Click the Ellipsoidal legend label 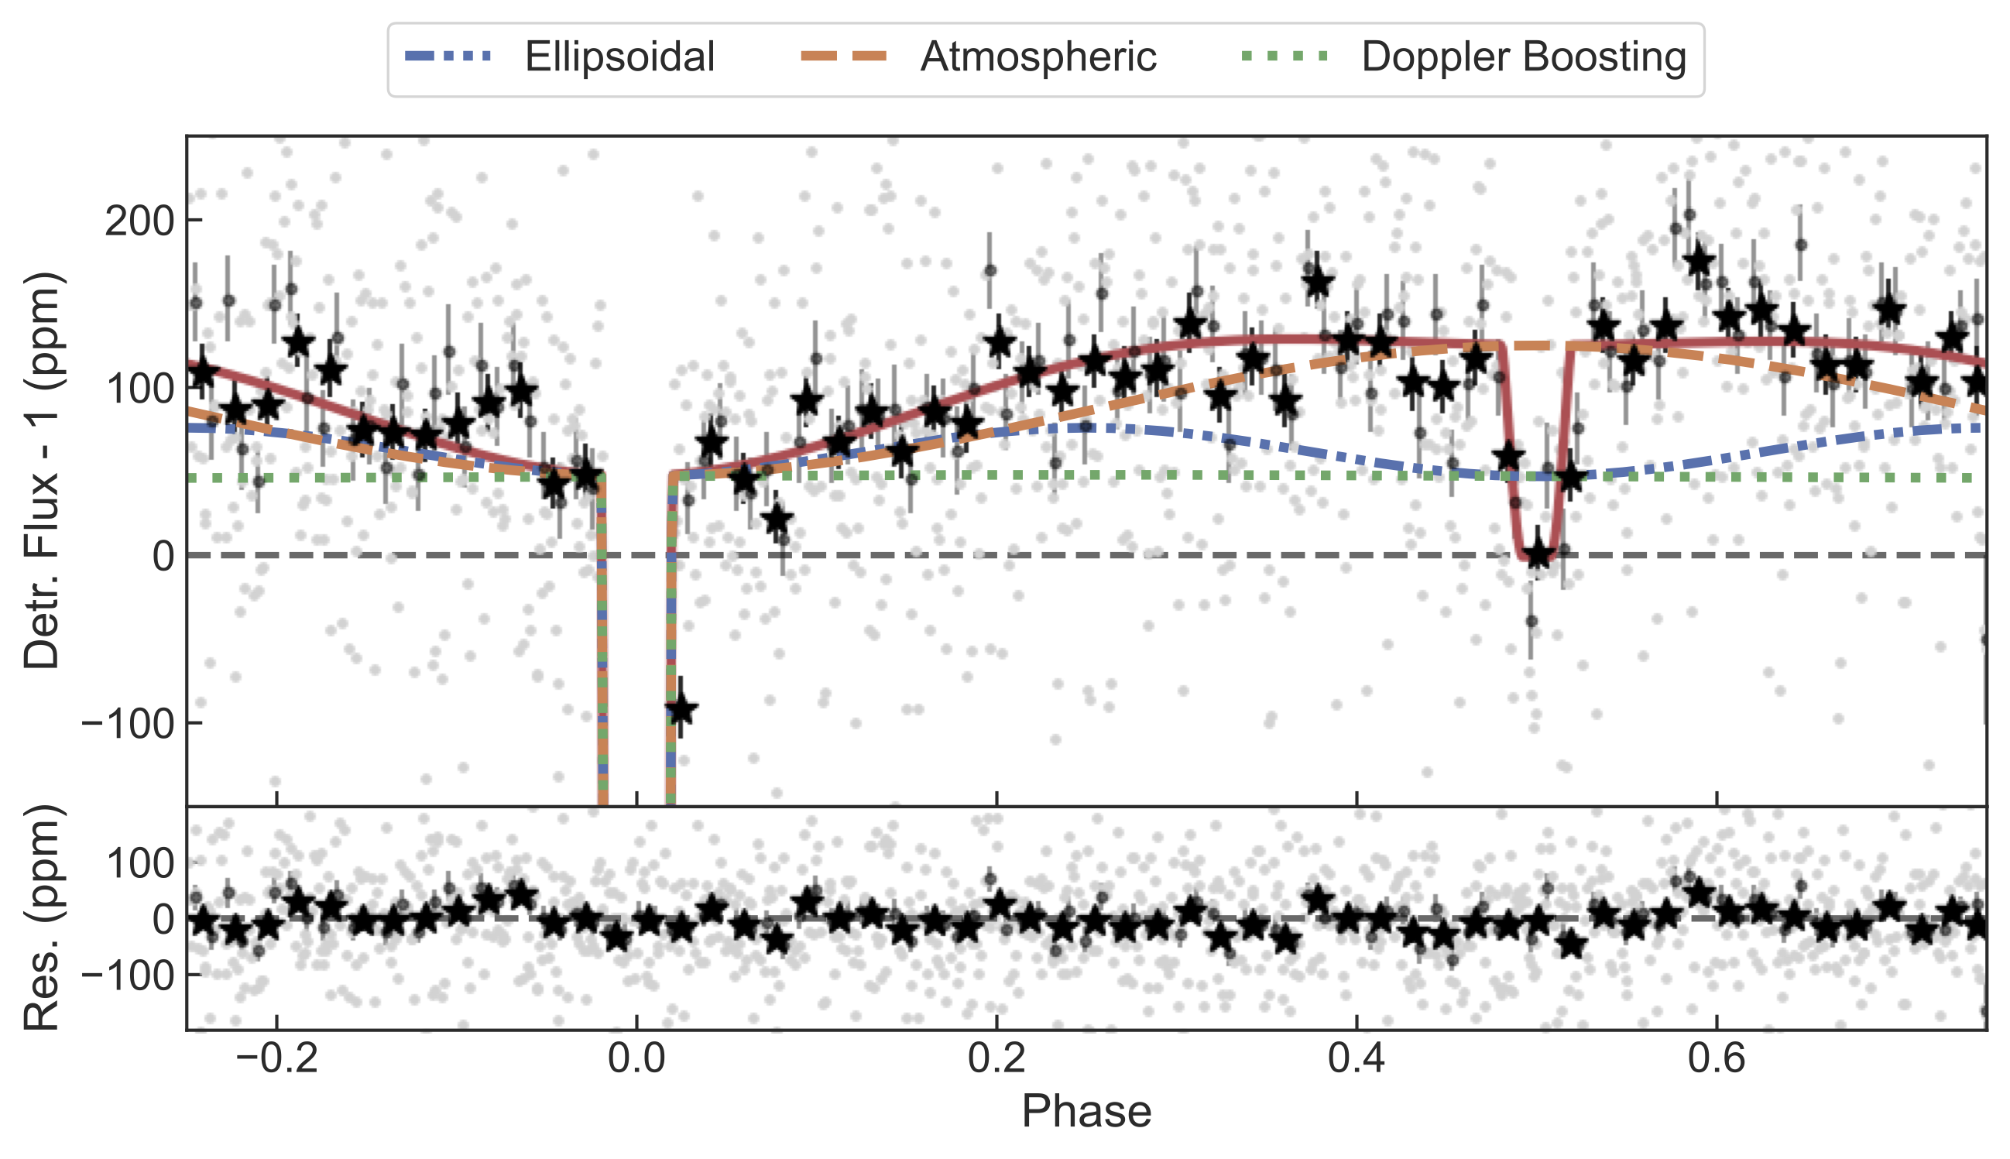[x=619, y=57]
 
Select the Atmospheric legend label [x=1038, y=57]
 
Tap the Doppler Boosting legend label [x=1524, y=57]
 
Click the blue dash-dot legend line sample [x=448, y=57]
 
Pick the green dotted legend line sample [x=1285, y=57]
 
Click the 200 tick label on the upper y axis [x=139, y=221]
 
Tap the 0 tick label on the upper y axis [x=163, y=557]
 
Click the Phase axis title [x=1086, y=1112]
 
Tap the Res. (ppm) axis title [x=41, y=917]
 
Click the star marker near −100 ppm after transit [x=681, y=709]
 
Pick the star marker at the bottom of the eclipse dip [x=1537, y=554]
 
